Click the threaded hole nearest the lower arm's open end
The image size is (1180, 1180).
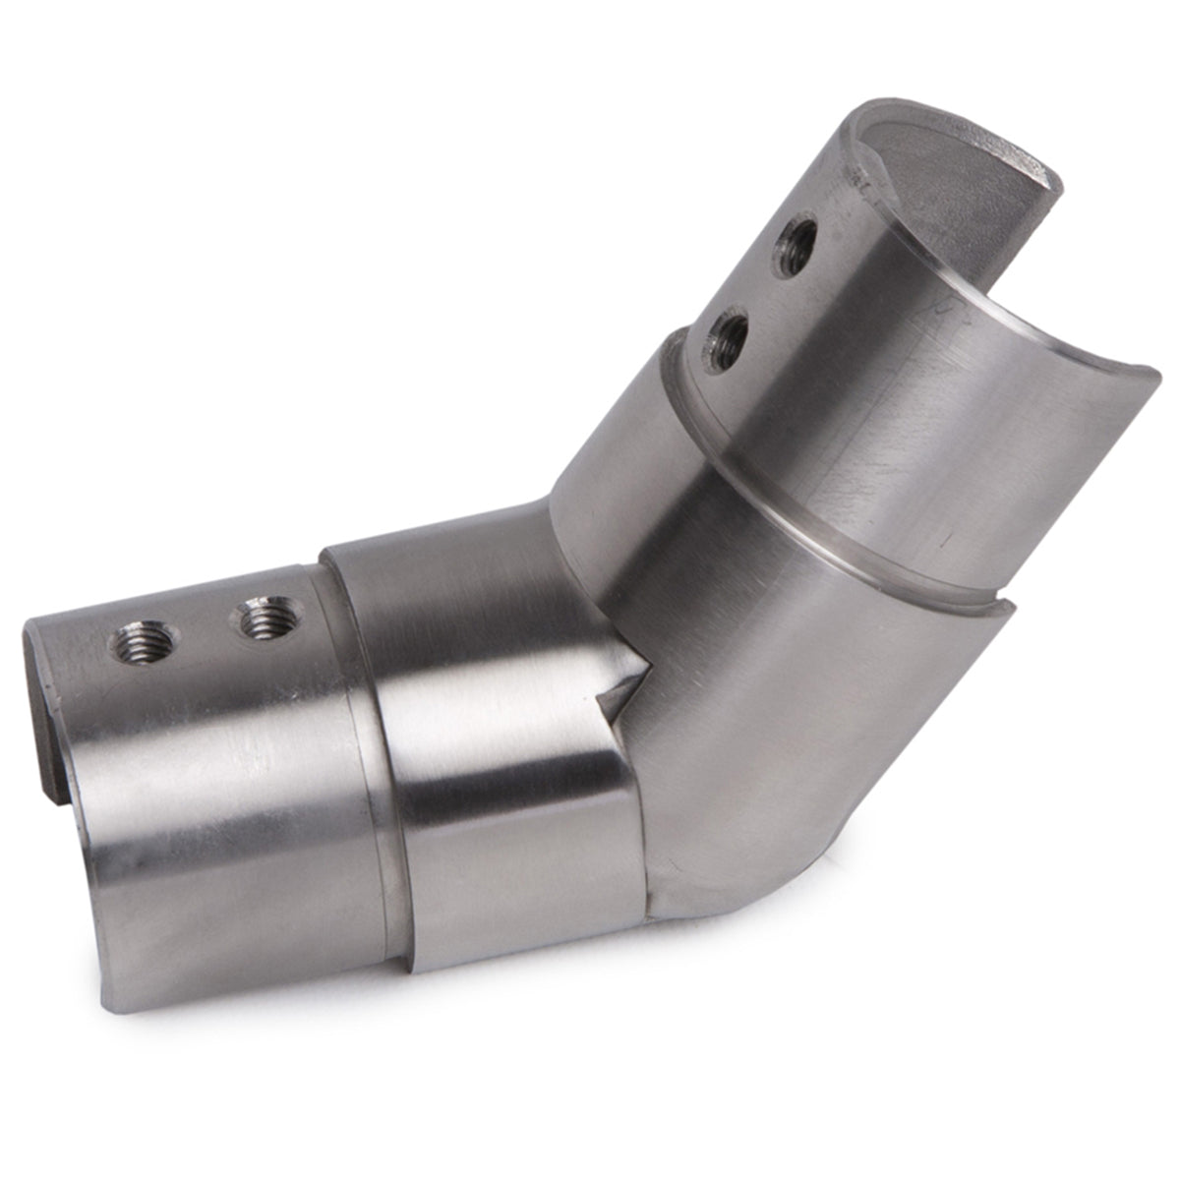coord(145,644)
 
